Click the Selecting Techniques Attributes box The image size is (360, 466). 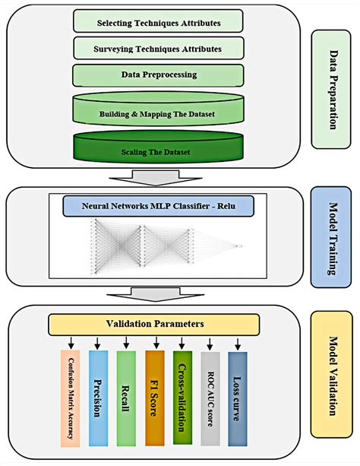click(x=158, y=21)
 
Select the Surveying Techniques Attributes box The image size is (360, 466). click(x=159, y=48)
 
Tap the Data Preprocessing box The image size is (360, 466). click(x=158, y=75)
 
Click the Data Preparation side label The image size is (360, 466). click(x=331, y=89)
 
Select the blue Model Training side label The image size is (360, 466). click(x=331, y=237)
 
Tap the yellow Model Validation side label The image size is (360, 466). click(x=331, y=375)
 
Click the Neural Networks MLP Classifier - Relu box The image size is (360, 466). click(x=158, y=206)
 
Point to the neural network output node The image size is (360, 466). click(x=238, y=246)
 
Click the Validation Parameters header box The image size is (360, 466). click(x=154, y=325)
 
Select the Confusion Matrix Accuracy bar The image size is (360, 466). click(x=71, y=398)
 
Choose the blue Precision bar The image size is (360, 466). click(x=98, y=398)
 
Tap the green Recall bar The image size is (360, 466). click(x=126, y=398)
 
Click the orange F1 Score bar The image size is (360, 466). click(x=154, y=398)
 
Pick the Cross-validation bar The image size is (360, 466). click(x=182, y=398)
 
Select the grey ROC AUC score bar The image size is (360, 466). click(x=210, y=398)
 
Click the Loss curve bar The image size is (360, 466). click(x=237, y=399)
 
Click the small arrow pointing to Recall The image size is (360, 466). click(x=126, y=343)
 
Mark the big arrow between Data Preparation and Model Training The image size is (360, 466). click(x=156, y=178)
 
